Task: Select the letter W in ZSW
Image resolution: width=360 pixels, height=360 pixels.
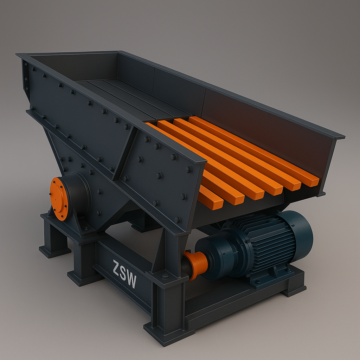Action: click(x=131, y=281)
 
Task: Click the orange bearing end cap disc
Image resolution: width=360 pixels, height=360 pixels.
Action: click(x=59, y=199)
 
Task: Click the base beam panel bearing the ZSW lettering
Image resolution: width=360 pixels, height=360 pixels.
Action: click(x=123, y=278)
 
